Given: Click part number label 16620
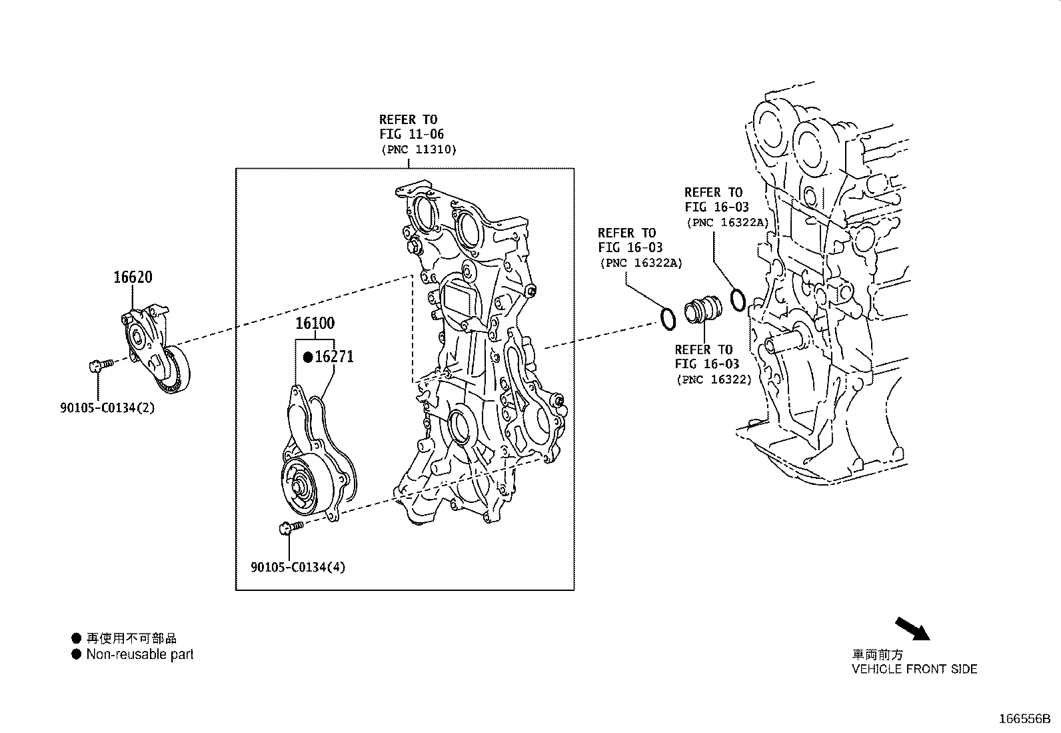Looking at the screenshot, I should (133, 277).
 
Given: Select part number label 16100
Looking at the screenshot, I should (315, 323).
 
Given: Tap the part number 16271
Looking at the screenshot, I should (334, 357).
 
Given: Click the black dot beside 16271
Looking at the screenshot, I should (308, 357).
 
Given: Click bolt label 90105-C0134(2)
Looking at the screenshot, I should (107, 408).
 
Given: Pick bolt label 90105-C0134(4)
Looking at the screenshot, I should (298, 568).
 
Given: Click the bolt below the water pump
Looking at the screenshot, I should (288, 528).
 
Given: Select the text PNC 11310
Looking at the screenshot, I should (419, 150).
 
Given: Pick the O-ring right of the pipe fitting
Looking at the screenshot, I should (737, 300).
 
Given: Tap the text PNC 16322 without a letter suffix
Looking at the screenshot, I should (714, 380).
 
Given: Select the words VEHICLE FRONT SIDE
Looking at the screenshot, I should (914, 669).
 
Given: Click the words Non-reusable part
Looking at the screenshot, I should (139, 654).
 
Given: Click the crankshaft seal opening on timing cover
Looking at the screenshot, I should (459, 427).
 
